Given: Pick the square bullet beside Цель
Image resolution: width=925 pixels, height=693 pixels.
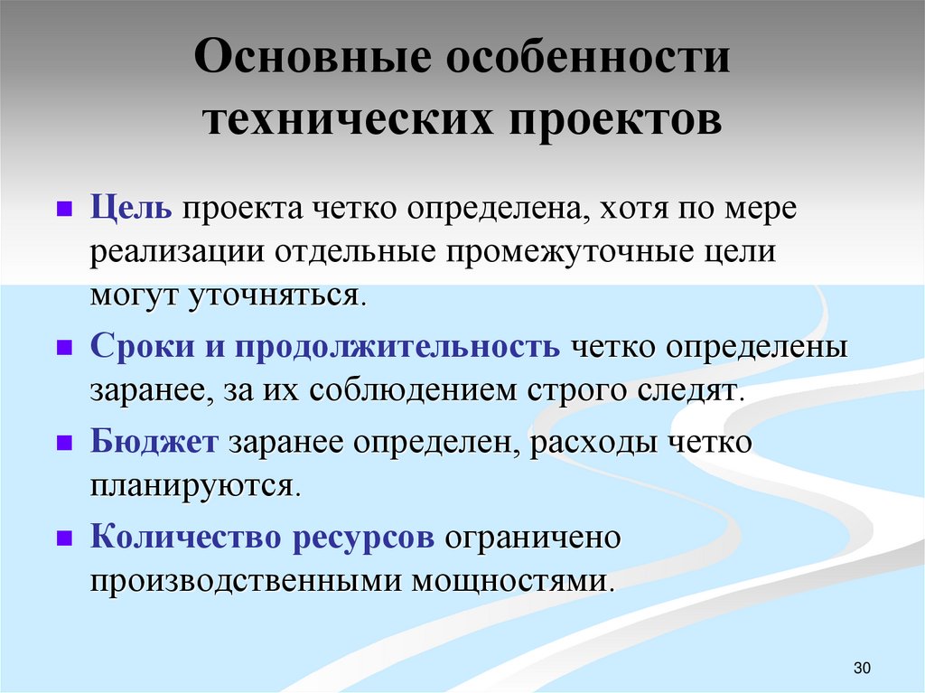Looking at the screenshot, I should (x=64, y=210).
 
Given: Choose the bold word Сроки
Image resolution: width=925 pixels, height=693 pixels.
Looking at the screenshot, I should (x=138, y=348).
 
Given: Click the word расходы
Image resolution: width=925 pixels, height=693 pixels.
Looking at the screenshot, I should (x=593, y=444).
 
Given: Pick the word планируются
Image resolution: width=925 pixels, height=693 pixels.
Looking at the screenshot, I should (x=192, y=486).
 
